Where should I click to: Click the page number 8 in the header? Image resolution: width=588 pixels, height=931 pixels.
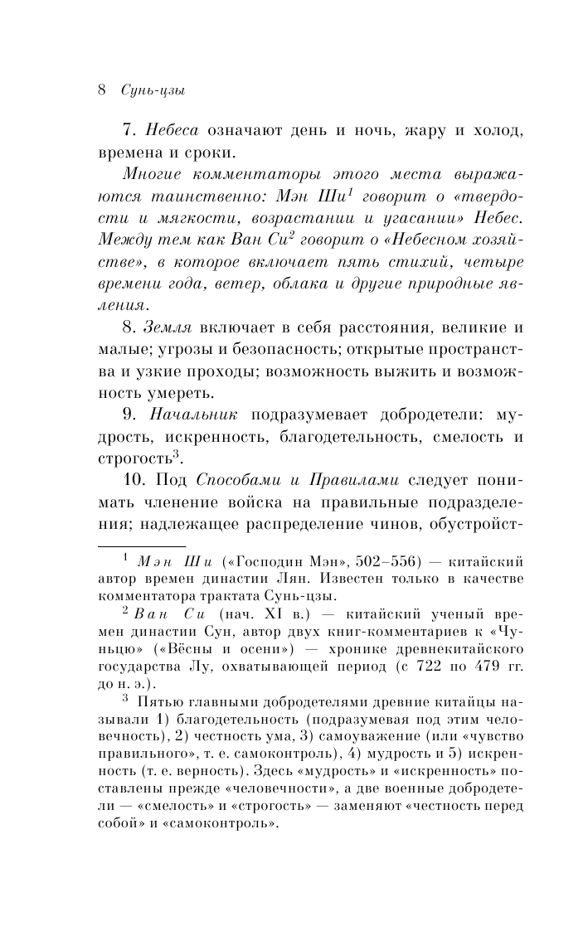[x=101, y=90]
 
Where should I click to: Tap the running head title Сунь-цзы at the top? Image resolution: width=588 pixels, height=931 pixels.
[x=152, y=90]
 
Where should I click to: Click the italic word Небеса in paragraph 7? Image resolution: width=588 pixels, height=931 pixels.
[x=173, y=130]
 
